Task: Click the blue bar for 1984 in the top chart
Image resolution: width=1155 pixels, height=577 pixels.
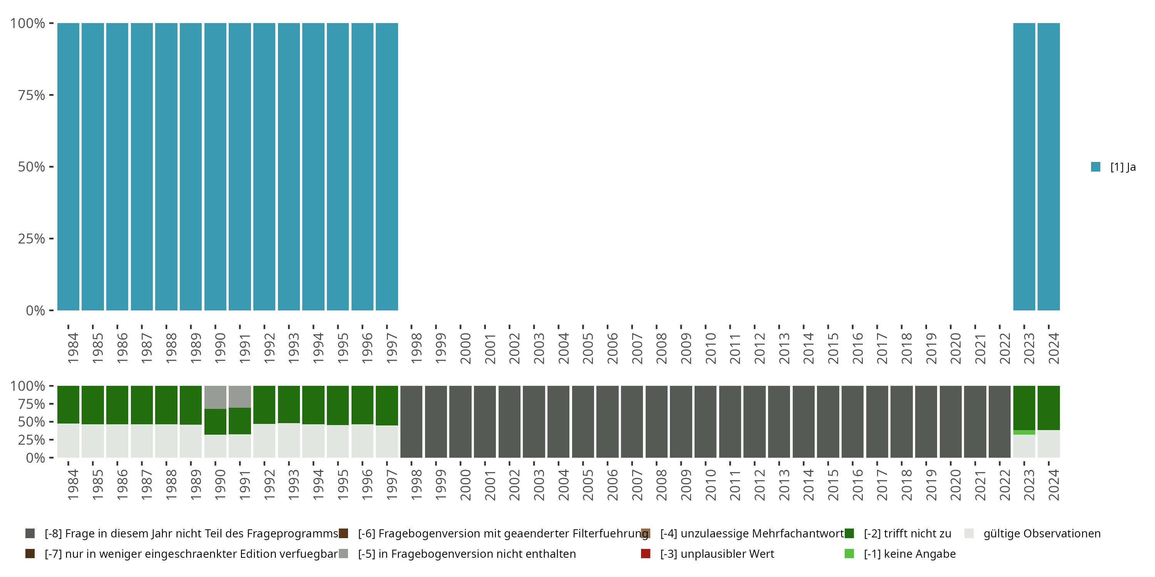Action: [68, 167]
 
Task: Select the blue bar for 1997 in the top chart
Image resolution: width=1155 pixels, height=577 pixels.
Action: [387, 167]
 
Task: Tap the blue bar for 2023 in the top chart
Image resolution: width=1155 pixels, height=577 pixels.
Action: [1024, 167]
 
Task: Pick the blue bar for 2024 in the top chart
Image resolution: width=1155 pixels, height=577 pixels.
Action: [1048, 167]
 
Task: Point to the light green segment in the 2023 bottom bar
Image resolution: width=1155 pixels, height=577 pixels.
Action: [1024, 432]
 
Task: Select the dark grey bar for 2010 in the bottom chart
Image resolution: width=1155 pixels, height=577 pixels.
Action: [705, 422]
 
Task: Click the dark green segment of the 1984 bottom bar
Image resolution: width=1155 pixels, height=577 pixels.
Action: [68, 404]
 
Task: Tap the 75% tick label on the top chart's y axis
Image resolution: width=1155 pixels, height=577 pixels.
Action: [32, 95]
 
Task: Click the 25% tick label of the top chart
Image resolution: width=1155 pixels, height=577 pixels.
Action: [32, 238]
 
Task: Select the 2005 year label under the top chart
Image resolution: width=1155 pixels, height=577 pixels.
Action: [588, 348]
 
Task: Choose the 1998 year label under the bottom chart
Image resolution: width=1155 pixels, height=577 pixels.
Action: [416, 485]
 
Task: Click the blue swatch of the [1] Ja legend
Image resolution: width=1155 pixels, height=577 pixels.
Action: [1095, 167]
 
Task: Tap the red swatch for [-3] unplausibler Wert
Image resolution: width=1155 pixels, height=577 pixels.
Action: [646, 554]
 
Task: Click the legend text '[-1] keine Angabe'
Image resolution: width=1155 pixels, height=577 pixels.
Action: [909, 554]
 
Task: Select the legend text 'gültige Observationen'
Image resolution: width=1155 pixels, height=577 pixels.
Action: [1041, 534]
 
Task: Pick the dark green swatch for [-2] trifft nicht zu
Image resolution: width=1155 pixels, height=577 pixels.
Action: [849, 534]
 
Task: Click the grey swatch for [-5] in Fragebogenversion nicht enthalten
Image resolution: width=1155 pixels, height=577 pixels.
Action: [343, 554]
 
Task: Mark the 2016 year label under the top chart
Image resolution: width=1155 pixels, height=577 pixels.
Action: [857, 348]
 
